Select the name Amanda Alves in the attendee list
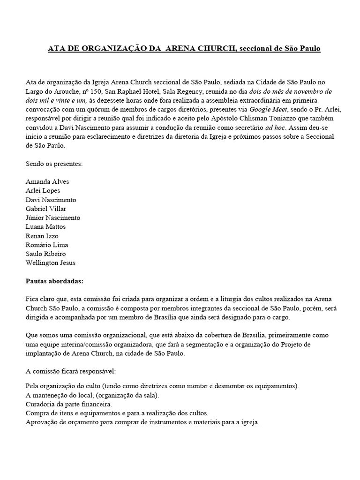pos(47,182)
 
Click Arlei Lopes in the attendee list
pos(43,191)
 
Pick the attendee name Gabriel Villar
pos(46,209)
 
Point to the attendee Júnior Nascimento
pos(52,218)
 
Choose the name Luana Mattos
pos(45,227)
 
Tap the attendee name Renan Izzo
pos(42,236)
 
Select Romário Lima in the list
pos(47,245)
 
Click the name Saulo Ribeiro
pos(45,254)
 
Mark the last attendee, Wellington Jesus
pos(50,263)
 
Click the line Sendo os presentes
pos(53,164)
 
